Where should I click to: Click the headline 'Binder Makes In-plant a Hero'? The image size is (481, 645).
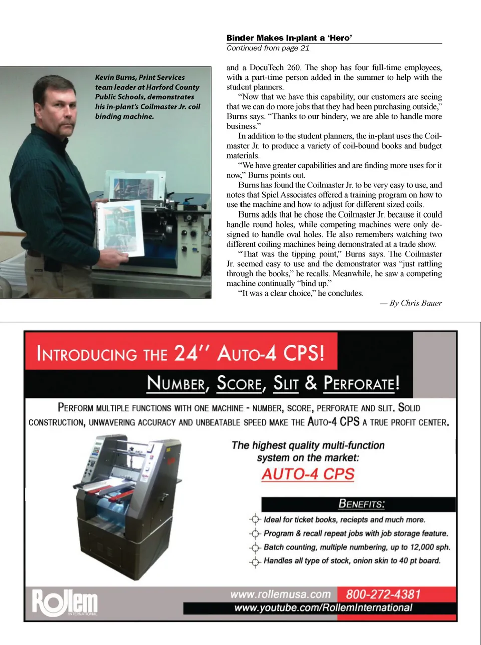coord(289,38)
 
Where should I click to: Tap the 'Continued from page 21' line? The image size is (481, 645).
coord(268,48)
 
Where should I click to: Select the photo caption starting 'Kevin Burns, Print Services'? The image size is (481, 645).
coord(147,97)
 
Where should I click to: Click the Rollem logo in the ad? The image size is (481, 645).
coord(65,602)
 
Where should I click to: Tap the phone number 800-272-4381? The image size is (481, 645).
coord(383,594)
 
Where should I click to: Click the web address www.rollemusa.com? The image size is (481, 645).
coord(281,594)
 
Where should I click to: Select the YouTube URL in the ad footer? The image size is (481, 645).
coord(323,608)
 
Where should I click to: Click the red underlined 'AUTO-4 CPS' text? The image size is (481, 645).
coord(308,474)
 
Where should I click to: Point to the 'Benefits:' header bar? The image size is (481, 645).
coord(359,504)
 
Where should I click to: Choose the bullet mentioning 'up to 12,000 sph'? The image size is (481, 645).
coord(357,547)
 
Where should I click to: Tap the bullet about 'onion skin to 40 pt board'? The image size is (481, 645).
coord(352,560)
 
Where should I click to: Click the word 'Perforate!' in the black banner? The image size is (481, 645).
coord(361,384)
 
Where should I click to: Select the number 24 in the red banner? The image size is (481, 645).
coord(186,353)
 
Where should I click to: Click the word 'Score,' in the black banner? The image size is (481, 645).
coord(241,384)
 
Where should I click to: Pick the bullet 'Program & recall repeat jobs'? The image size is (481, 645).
coord(356,533)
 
